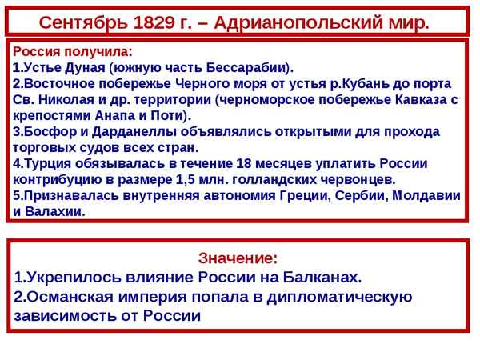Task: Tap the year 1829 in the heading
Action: pyautogui.click(x=154, y=20)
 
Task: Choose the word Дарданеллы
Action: pyautogui.click(x=129, y=131)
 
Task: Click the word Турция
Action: pyautogui.click(x=47, y=164)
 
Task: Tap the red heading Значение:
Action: pyautogui.click(x=238, y=258)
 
